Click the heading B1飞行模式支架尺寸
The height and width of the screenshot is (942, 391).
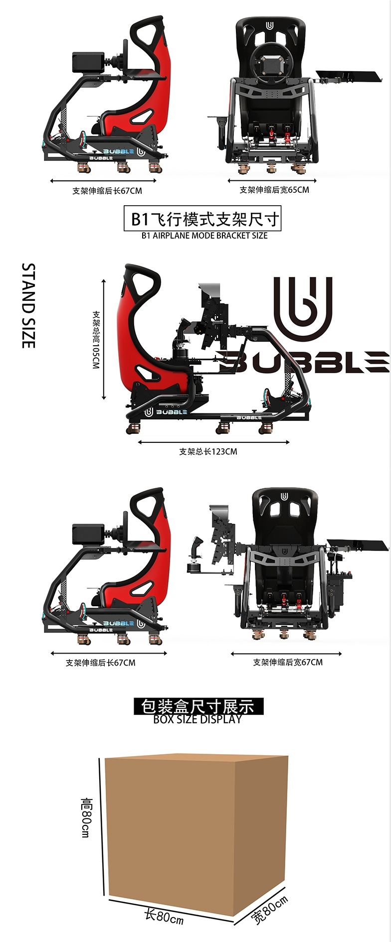[x=202, y=219]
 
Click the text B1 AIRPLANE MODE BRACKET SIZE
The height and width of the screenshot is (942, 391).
[x=204, y=236]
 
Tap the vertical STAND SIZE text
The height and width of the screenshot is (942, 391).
[x=28, y=305]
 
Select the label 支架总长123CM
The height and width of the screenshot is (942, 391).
[x=208, y=452]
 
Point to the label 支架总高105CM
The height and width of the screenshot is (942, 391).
[x=96, y=340]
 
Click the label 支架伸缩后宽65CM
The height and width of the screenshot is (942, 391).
[x=274, y=190]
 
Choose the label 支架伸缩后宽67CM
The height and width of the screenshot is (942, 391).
[x=287, y=662]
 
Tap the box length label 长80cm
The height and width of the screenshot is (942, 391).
[x=164, y=915]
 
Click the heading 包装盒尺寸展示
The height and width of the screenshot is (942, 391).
[x=197, y=706]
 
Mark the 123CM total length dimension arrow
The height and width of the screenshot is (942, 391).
[x=213, y=442]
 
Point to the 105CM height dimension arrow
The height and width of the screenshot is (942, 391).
[x=104, y=339]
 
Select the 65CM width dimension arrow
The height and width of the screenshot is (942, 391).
[x=272, y=181]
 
